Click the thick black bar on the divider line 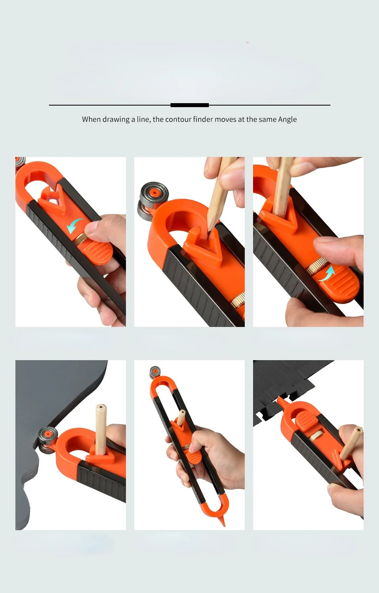tap(189, 105)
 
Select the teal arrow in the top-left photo tap(74, 226)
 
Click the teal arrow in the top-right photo tap(326, 274)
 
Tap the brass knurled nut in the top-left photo tap(81, 240)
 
